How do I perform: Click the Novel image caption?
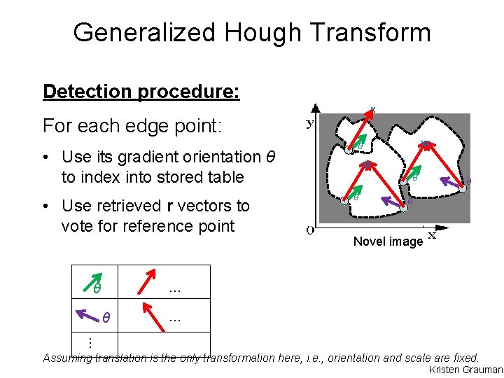[x=388, y=241]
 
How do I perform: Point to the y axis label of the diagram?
[x=310, y=123]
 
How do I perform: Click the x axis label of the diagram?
[x=432, y=235]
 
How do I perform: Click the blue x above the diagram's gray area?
[x=372, y=109]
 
